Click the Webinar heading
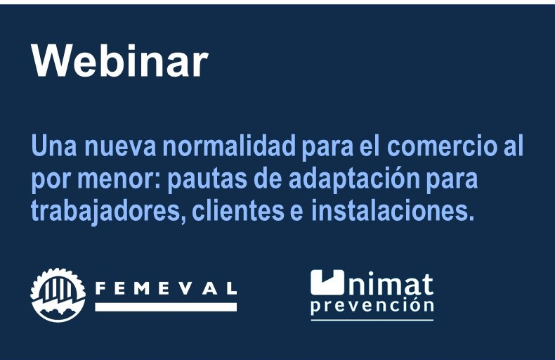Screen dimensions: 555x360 click(120, 60)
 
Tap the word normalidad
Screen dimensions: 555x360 click(229, 146)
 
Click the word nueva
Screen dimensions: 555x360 click(120, 146)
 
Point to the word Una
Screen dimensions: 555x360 click(54, 146)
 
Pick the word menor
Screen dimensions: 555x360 click(119, 179)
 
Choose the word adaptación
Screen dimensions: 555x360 click(354, 179)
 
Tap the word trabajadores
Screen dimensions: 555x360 click(108, 212)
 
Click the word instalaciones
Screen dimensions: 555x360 click(392, 210)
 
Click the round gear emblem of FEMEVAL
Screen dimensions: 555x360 click(58, 295)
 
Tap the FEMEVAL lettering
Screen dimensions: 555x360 click(166, 289)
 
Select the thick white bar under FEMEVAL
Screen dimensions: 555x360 click(166, 307)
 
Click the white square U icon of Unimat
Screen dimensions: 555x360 click(327, 283)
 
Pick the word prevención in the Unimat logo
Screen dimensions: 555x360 click(372, 306)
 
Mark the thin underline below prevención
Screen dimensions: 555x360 click(372, 320)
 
